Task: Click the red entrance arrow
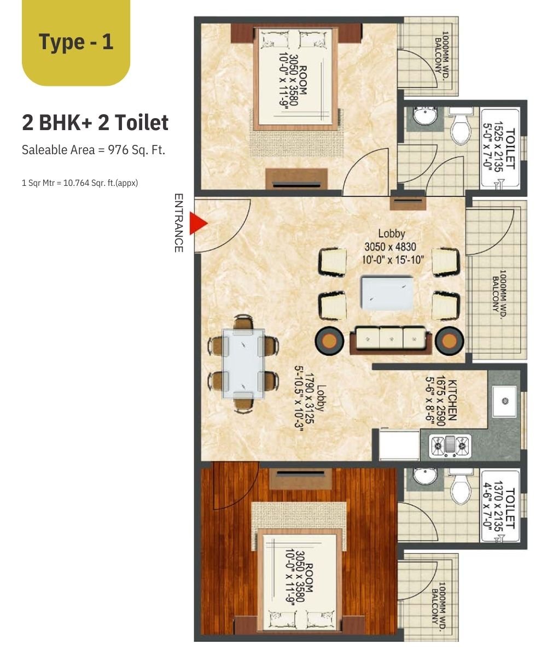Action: [197, 224]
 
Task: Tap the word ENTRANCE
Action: [178, 222]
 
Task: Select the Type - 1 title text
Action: [76, 42]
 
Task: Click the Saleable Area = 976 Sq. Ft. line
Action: [94, 150]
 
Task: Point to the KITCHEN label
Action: [452, 400]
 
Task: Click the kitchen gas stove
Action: [450, 446]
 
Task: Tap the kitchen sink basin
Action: [504, 401]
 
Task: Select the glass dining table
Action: [243, 364]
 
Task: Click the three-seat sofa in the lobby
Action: [391, 340]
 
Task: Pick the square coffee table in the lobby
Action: [387, 293]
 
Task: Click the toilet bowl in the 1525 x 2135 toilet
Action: [461, 127]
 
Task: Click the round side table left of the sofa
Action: [329, 341]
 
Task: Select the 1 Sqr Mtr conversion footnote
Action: [80, 183]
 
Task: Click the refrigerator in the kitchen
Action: [399, 444]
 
